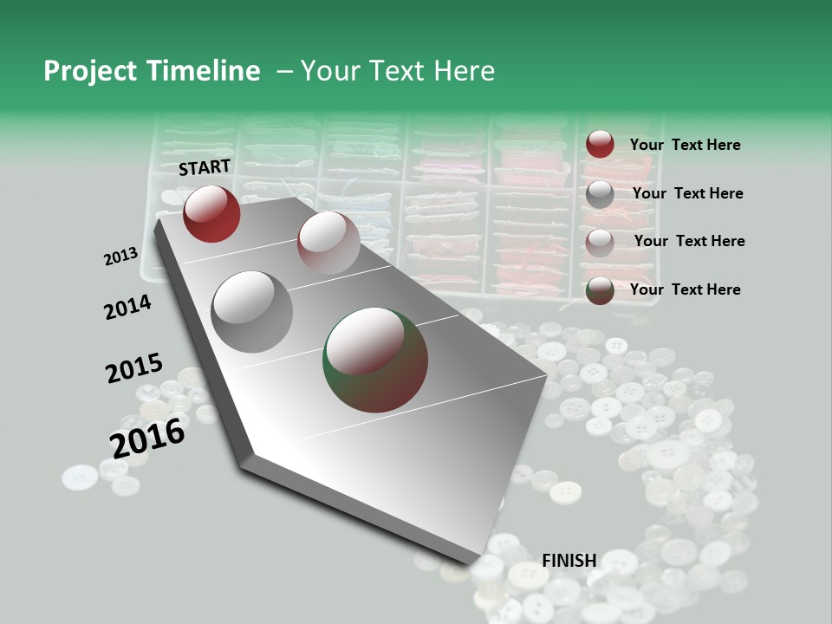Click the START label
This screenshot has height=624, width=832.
[x=205, y=167]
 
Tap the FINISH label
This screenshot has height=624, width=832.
[x=569, y=561]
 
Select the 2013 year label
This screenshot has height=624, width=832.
[x=121, y=257]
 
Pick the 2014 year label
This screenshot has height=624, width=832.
[x=127, y=307]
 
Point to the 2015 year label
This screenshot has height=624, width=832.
[x=134, y=368]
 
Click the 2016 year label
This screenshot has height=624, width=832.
[x=147, y=439]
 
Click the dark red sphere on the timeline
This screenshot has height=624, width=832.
[x=211, y=213]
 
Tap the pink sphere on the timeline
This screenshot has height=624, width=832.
[x=328, y=242]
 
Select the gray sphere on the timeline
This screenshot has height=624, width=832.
[x=252, y=311]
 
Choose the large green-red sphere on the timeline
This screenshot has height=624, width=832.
[x=375, y=359]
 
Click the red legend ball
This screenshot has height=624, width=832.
[x=600, y=144]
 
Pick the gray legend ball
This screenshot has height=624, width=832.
[x=600, y=193]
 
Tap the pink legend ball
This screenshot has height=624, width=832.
[x=600, y=243]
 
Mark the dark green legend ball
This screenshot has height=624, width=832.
[x=600, y=291]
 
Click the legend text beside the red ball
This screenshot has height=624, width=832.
[x=685, y=146]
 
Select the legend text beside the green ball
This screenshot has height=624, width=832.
[x=685, y=289]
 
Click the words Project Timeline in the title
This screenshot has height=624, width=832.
[x=152, y=71]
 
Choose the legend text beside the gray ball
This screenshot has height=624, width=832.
[x=687, y=193]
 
